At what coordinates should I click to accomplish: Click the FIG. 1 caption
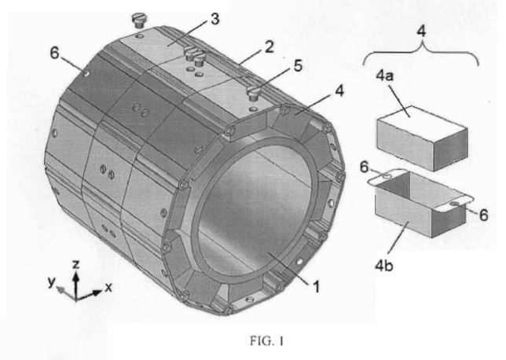266,341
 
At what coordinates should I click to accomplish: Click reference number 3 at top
215,19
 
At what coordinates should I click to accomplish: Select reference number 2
269,47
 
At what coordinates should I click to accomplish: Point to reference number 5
298,65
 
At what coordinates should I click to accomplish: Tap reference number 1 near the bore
316,286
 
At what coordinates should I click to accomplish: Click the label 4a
385,76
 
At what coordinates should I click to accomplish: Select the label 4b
384,266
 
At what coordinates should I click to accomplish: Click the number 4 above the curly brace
421,31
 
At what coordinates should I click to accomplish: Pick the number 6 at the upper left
55,53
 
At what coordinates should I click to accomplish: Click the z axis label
76,265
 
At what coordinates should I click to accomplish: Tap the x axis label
108,287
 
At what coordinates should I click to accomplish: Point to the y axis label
52,282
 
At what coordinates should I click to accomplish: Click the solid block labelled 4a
422,138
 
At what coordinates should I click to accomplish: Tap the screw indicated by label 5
253,94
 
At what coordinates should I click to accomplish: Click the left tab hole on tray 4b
387,176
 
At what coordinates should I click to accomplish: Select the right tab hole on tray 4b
456,204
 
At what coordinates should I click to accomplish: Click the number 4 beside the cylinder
339,91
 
